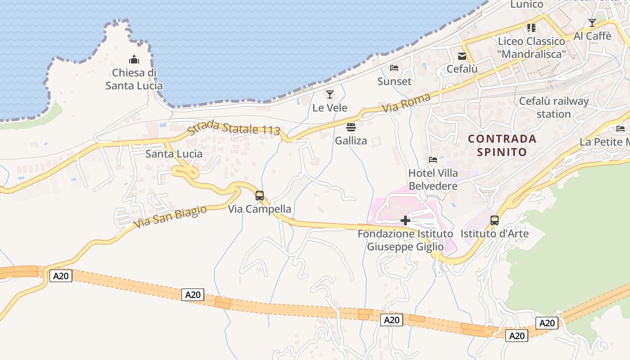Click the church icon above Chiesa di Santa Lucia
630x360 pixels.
(134, 59)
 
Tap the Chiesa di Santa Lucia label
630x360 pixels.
(134, 79)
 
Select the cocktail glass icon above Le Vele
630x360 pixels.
(330, 94)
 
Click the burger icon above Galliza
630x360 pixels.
(351, 127)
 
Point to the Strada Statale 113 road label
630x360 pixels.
(234, 128)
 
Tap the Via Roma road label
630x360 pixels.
(406, 103)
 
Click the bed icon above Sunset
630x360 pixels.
(394, 68)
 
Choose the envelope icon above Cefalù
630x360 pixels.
(462, 56)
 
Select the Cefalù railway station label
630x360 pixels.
(553, 108)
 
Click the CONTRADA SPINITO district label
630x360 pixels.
(502, 145)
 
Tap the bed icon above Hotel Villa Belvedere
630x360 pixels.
(433, 159)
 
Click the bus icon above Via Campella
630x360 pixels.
(260, 195)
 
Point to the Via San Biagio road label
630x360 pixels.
(171, 216)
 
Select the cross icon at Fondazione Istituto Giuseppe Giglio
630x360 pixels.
(405, 220)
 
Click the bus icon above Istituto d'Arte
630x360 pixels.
(495, 220)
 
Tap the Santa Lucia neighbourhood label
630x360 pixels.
(174, 154)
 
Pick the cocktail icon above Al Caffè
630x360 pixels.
(592, 22)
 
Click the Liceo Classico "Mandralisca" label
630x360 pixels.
(531, 48)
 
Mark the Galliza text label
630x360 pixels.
(351, 141)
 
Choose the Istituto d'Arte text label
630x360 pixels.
(495, 234)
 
